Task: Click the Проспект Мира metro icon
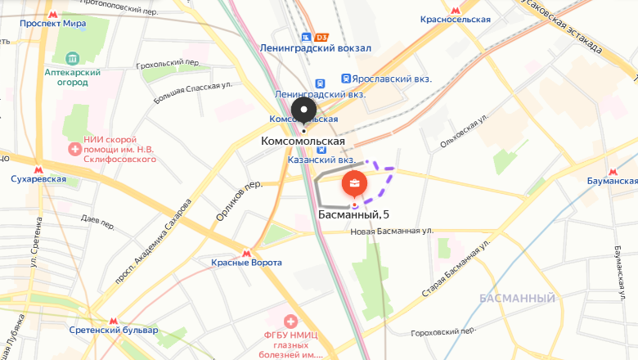click(x=53, y=15)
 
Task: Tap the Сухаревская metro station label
click(x=38, y=179)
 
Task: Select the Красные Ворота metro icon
click(x=247, y=250)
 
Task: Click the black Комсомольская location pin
click(x=304, y=111)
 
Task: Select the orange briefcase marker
click(x=355, y=184)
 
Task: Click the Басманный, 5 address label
click(x=353, y=214)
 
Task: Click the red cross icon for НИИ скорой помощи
click(x=74, y=149)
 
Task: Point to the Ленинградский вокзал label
click(x=315, y=48)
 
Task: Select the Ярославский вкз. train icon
click(x=347, y=79)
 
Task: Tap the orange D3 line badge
click(x=321, y=37)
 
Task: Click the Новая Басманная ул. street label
click(x=391, y=232)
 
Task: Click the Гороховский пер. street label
click(x=443, y=331)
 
